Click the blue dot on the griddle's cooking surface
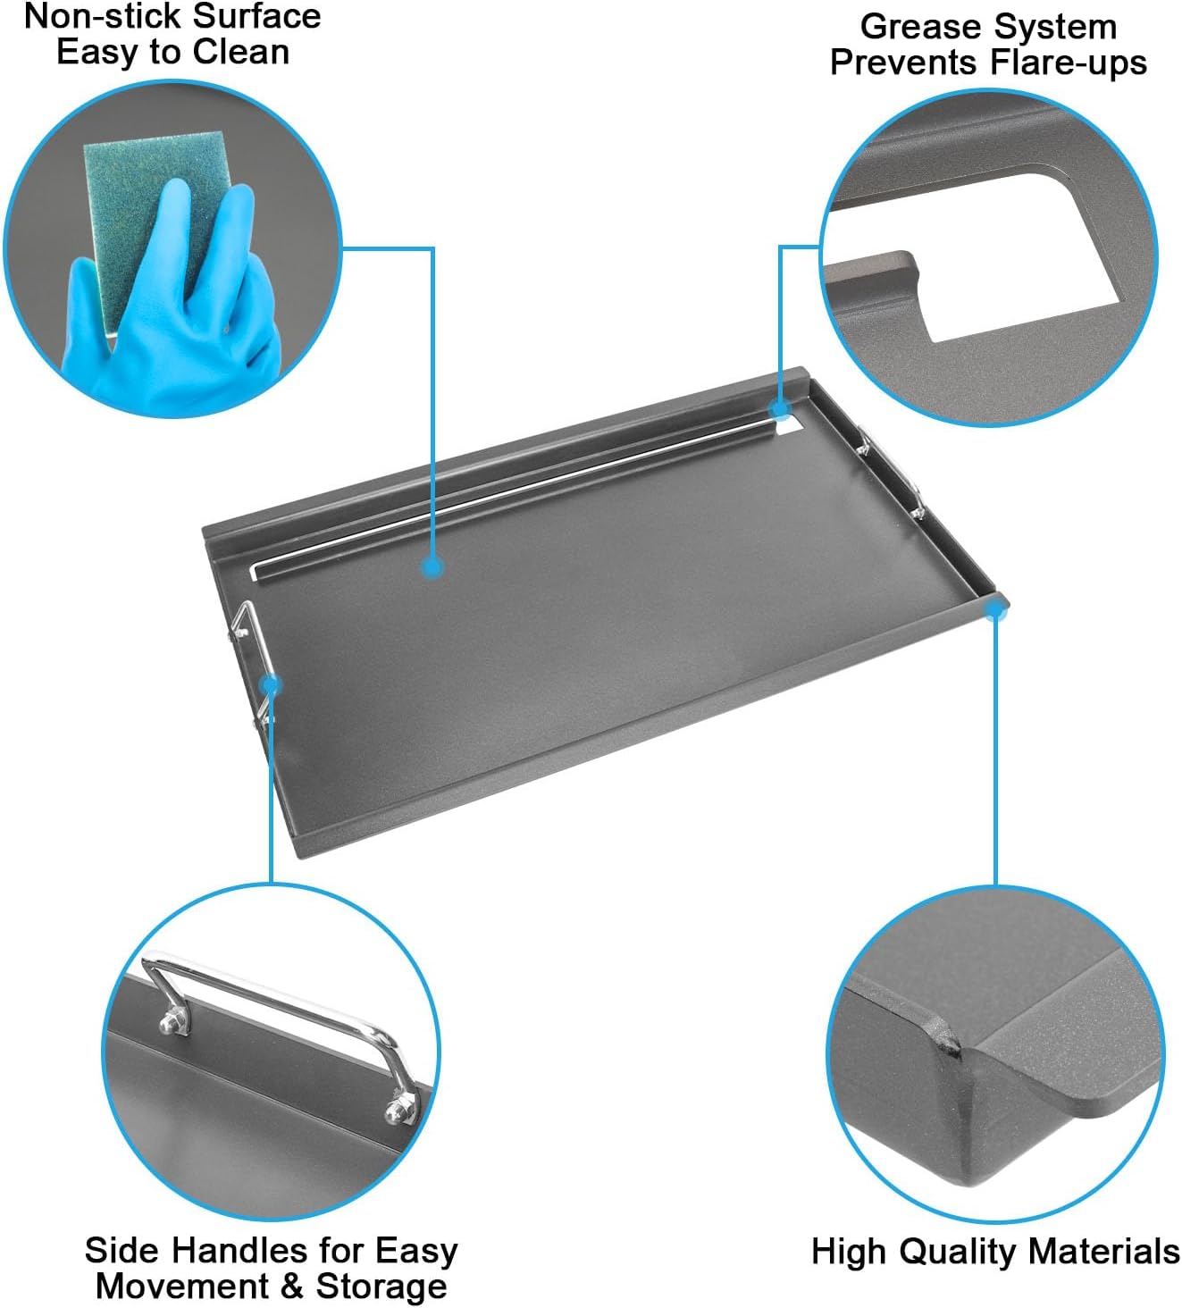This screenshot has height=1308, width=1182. click(433, 566)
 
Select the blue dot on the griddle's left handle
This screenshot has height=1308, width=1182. click(272, 685)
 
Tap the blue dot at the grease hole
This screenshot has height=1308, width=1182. click(781, 410)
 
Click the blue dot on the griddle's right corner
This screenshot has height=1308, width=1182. click(994, 610)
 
